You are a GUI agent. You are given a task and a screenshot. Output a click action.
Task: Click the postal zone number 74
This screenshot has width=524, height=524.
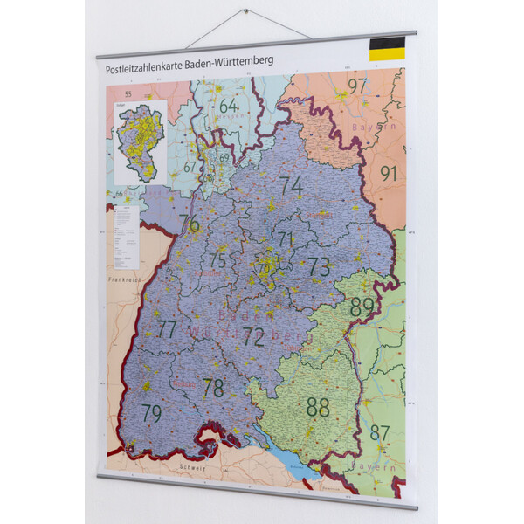click(292, 186)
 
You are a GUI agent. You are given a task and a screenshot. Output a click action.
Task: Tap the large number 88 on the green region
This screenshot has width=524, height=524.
click(318, 406)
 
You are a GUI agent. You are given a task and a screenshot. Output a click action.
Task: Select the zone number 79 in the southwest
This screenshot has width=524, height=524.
click(152, 413)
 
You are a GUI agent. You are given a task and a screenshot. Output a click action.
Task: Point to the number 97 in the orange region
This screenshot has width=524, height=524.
click(357, 86)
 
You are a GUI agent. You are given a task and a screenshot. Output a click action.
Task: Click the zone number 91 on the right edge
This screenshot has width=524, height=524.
click(388, 173)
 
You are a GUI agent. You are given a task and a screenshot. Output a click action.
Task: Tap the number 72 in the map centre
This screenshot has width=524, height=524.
click(253, 337)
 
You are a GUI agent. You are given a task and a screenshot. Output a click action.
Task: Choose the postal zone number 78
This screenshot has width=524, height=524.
click(213, 388)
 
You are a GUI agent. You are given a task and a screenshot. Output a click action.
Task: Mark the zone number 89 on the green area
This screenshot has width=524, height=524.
click(362, 307)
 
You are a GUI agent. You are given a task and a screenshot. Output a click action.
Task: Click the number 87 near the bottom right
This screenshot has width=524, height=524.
click(380, 432)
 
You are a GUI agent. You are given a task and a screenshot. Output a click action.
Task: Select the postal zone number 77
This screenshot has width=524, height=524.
click(167, 329)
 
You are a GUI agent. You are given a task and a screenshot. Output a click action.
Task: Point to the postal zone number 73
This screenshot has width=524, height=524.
click(319, 267)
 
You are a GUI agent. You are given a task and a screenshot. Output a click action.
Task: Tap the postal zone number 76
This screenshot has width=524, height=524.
click(189, 224)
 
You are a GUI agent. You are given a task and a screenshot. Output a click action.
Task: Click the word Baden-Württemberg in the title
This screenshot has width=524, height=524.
click(224, 61)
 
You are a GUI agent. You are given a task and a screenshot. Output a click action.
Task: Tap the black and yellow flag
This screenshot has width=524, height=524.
click(387, 49)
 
